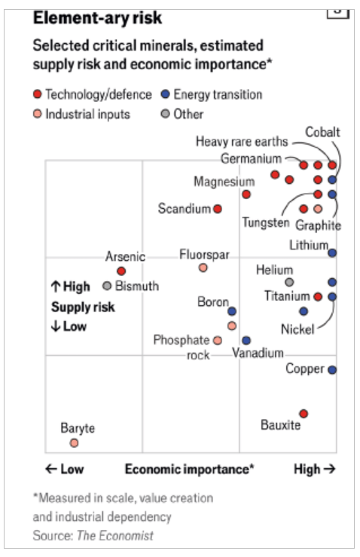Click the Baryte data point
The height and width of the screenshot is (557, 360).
click(x=74, y=443)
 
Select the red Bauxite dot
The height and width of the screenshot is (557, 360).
click(x=304, y=414)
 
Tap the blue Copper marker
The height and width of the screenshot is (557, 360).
click(x=332, y=370)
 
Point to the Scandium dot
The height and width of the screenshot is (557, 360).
click(x=218, y=209)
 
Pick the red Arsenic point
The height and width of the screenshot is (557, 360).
click(x=121, y=271)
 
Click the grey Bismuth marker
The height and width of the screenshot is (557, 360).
click(x=107, y=286)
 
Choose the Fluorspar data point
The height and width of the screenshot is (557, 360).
click(x=203, y=268)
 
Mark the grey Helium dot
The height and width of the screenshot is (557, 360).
click(x=289, y=283)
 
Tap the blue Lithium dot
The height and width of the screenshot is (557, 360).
click(x=332, y=253)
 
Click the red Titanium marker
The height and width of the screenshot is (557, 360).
click(x=318, y=297)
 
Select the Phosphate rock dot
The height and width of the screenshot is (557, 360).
click(x=218, y=341)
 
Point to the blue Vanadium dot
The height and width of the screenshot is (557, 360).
click(x=246, y=341)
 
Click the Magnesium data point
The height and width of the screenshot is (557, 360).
click(x=246, y=194)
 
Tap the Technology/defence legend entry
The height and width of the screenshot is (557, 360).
click(x=93, y=94)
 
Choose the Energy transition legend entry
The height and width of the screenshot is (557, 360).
click(x=212, y=94)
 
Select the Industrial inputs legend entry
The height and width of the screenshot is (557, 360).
click(x=81, y=114)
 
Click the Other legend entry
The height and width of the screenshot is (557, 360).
click(x=182, y=114)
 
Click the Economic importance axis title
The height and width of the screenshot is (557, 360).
click(x=190, y=470)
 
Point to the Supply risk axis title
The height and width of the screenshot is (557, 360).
click(x=83, y=308)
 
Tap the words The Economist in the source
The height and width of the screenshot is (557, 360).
click(x=115, y=535)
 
